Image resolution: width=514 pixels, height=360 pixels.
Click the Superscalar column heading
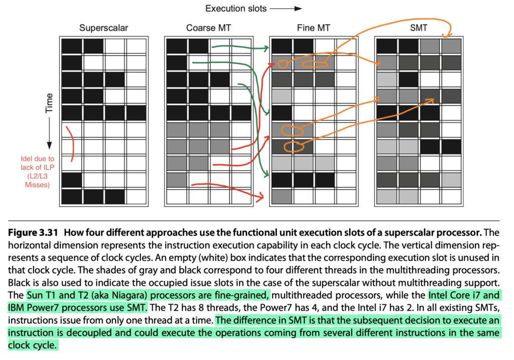(x=103, y=28)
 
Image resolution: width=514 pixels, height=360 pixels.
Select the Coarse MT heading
(x=208, y=28)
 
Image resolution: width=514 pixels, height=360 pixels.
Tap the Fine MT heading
(x=313, y=28)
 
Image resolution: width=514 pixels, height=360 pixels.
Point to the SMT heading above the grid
(x=419, y=28)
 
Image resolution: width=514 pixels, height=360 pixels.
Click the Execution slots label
(x=236, y=9)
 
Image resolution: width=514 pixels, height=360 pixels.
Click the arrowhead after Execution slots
(x=298, y=9)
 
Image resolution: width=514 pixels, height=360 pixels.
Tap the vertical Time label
(x=49, y=103)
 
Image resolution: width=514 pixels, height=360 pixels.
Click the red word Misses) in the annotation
(x=37, y=185)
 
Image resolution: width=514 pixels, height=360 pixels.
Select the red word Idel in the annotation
(x=26, y=159)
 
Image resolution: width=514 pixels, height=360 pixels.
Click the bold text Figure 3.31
(x=33, y=233)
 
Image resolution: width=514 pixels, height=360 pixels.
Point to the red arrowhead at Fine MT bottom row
(x=261, y=197)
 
